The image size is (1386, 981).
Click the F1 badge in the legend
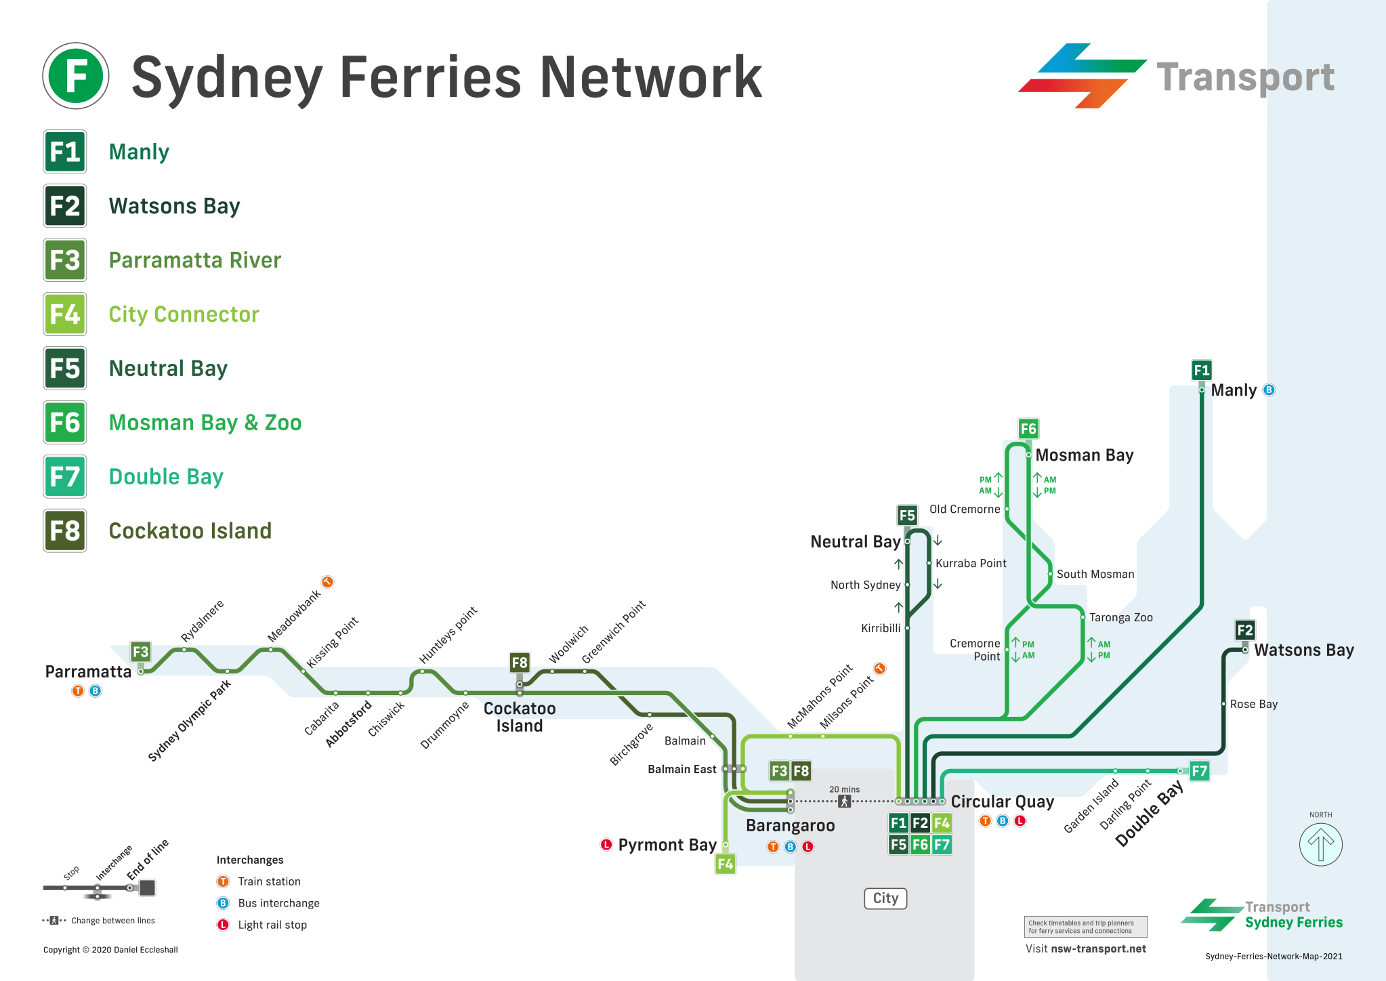[65, 152]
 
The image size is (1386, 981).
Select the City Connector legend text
[184, 314]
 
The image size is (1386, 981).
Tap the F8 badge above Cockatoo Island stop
[520, 663]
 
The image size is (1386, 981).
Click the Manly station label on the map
[1233, 390]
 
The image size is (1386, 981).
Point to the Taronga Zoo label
[1120, 617]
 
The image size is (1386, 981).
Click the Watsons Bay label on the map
[1303, 650]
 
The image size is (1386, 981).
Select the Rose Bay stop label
[1253, 704]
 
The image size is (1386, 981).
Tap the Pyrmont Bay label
[667, 845]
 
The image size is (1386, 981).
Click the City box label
[885, 898]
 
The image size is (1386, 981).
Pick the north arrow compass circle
[1320, 844]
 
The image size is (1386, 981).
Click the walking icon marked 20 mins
[844, 801]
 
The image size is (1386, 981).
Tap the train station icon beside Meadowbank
[327, 582]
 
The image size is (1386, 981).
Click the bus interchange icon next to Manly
[1269, 390]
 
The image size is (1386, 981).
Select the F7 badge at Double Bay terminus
[1199, 771]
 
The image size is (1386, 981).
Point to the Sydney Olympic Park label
[190, 719]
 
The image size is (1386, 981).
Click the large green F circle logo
[76, 76]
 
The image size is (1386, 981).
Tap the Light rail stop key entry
[272, 925]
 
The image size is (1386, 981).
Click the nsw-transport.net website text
[1098, 948]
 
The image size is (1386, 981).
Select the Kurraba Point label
[970, 563]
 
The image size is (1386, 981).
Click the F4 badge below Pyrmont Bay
[725, 864]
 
